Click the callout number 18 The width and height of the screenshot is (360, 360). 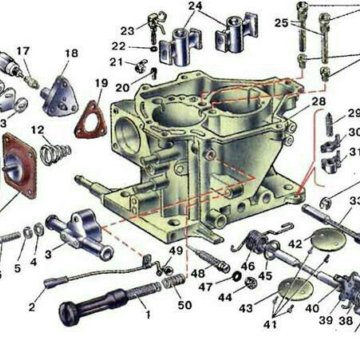click(72, 53)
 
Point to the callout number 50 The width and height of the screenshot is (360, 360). click(184, 304)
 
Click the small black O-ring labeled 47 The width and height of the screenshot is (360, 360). click(237, 276)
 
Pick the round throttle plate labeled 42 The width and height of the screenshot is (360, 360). click(329, 239)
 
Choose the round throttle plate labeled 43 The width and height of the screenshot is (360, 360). click(295, 289)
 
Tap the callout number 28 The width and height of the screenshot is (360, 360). click(318, 101)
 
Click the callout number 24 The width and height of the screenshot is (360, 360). click(195, 6)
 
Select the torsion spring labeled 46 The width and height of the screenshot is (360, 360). click(257, 240)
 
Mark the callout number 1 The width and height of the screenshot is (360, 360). click(148, 314)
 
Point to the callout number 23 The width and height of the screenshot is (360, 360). click(127, 31)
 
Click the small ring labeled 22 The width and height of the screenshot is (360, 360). click(153, 49)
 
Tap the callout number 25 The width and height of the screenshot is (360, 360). click(282, 23)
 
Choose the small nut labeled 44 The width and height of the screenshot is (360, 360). click(250, 283)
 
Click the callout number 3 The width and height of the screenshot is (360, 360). click(48, 255)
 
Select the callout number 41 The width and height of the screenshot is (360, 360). click(270, 324)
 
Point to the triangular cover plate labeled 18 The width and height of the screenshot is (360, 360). click(61, 97)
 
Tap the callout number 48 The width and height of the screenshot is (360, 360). click(198, 273)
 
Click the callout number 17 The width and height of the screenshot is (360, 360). click(23, 51)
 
